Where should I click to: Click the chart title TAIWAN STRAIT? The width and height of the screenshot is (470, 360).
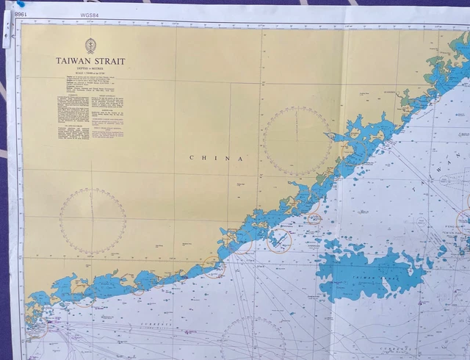coord(90,62)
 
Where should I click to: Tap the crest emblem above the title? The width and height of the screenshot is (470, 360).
coord(90,45)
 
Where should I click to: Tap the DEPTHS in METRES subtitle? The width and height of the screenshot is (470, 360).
coord(90,71)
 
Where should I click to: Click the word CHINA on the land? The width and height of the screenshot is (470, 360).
coord(216,158)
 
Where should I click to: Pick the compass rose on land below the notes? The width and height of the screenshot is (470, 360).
coord(93,221)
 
